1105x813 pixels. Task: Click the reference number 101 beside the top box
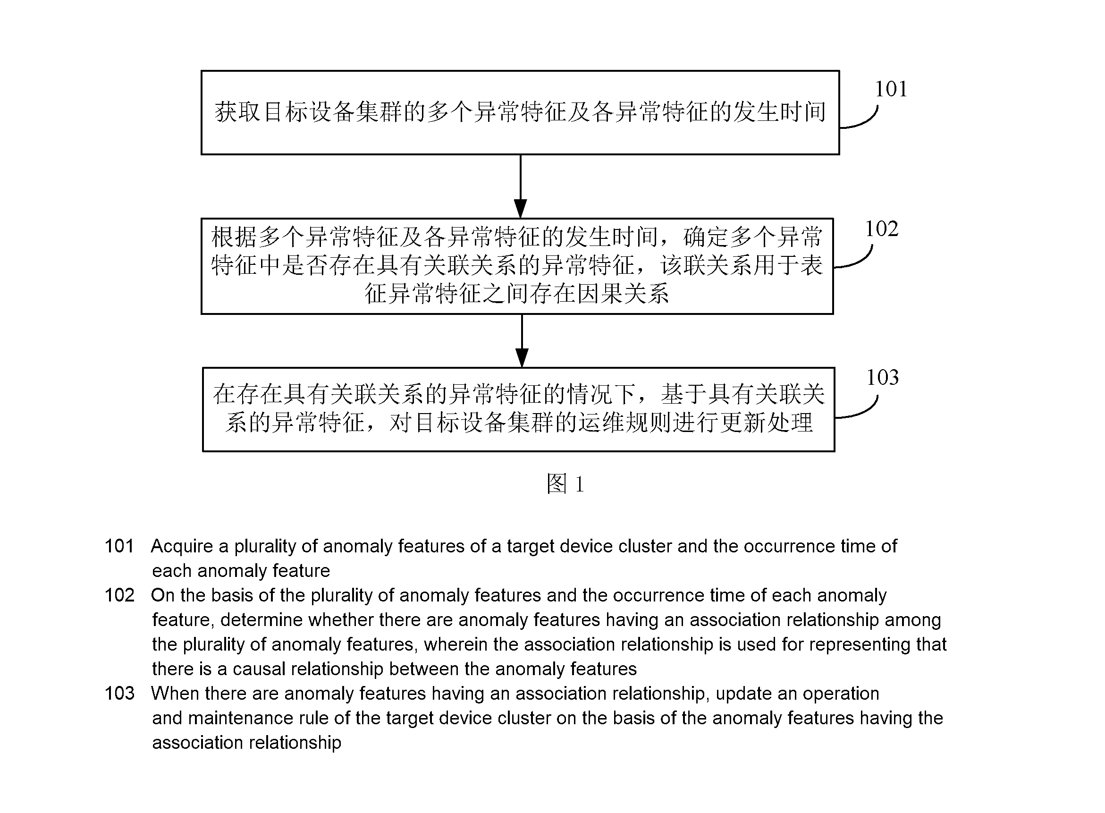point(891,89)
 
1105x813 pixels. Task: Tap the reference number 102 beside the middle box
point(882,229)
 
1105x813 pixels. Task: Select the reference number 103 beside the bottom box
point(883,378)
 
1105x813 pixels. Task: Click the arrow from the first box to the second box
point(521,186)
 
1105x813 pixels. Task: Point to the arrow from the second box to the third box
point(522,341)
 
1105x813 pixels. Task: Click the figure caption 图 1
point(565,484)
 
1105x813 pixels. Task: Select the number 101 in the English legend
point(119,546)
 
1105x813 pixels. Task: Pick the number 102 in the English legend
point(119,595)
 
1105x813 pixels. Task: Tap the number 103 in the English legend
point(119,694)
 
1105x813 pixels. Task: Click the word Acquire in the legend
point(182,547)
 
